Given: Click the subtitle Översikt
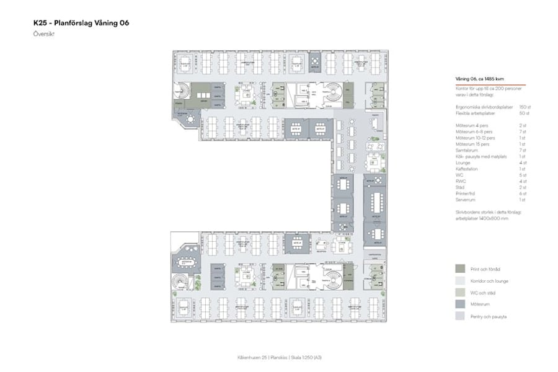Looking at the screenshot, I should [x=44, y=34].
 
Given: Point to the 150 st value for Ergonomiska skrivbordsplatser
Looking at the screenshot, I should [x=525, y=107].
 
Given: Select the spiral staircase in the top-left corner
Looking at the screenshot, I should [x=182, y=91].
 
